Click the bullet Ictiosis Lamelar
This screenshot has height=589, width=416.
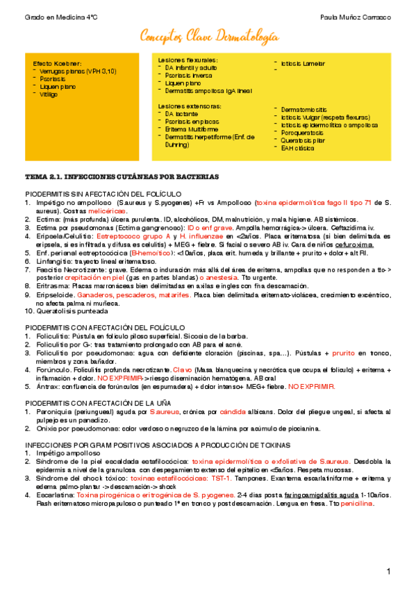click(x=303, y=64)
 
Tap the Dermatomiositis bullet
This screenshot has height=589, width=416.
click(x=306, y=109)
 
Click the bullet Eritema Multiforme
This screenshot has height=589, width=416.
click(x=192, y=129)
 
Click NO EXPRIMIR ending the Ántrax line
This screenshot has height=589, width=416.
click(x=312, y=385)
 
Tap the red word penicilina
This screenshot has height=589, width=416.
click(x=355, y=504)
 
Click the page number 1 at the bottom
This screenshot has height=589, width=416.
click(x=390, y=571)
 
